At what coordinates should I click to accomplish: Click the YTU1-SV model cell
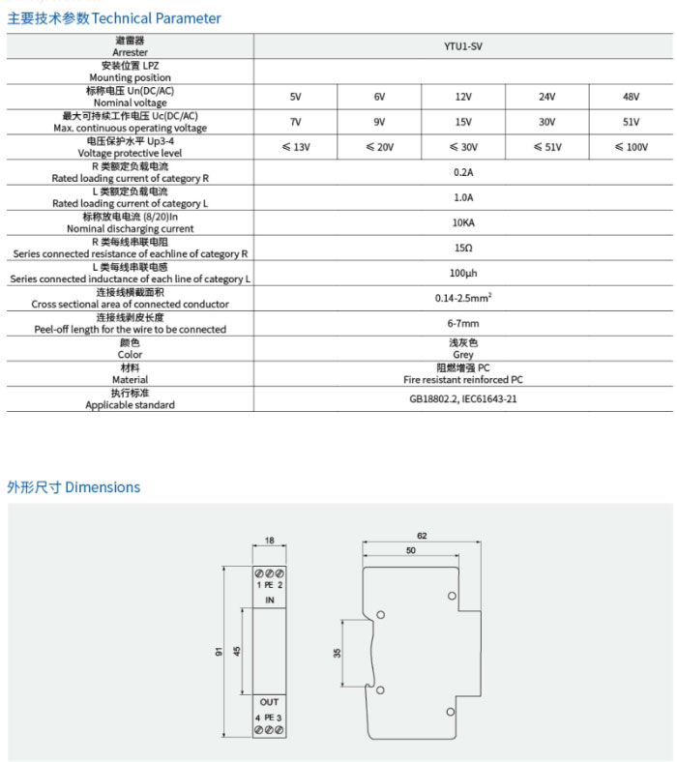click(463, 46)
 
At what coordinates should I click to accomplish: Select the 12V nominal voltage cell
click(463, 97)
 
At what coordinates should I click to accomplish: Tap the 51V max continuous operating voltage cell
click(632, 122)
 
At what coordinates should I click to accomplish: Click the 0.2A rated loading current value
click(463, 172)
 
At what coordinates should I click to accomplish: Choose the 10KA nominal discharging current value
click(463, 222)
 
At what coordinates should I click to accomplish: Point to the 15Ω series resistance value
click(463, 248)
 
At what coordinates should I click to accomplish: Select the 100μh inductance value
click(463, 273)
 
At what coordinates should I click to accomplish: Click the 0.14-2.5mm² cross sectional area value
click(463, 298)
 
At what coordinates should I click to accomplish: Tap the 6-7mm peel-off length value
click(463, 323)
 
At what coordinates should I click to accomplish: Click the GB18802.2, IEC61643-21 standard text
click(463, 398)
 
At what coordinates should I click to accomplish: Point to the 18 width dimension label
click(270, 542)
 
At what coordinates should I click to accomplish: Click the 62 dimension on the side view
click(421, 535)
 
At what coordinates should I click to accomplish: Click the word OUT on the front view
click(270, 702)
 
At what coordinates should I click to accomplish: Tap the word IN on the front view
click(270, 601)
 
